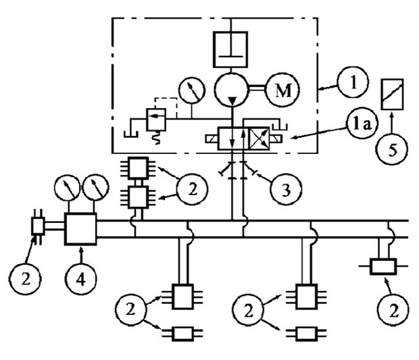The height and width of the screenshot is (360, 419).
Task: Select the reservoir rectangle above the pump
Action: [x=232, y=47]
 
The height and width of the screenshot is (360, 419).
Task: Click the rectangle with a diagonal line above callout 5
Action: [x=393, y=92]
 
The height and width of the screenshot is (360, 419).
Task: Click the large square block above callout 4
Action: [x=81, y=230]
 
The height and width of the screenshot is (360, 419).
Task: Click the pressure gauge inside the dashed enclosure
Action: [x=191, y=90]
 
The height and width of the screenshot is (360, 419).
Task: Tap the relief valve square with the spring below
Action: [x=156, y=122]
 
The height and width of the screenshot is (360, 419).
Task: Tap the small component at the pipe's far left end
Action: [x=38, y=226]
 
